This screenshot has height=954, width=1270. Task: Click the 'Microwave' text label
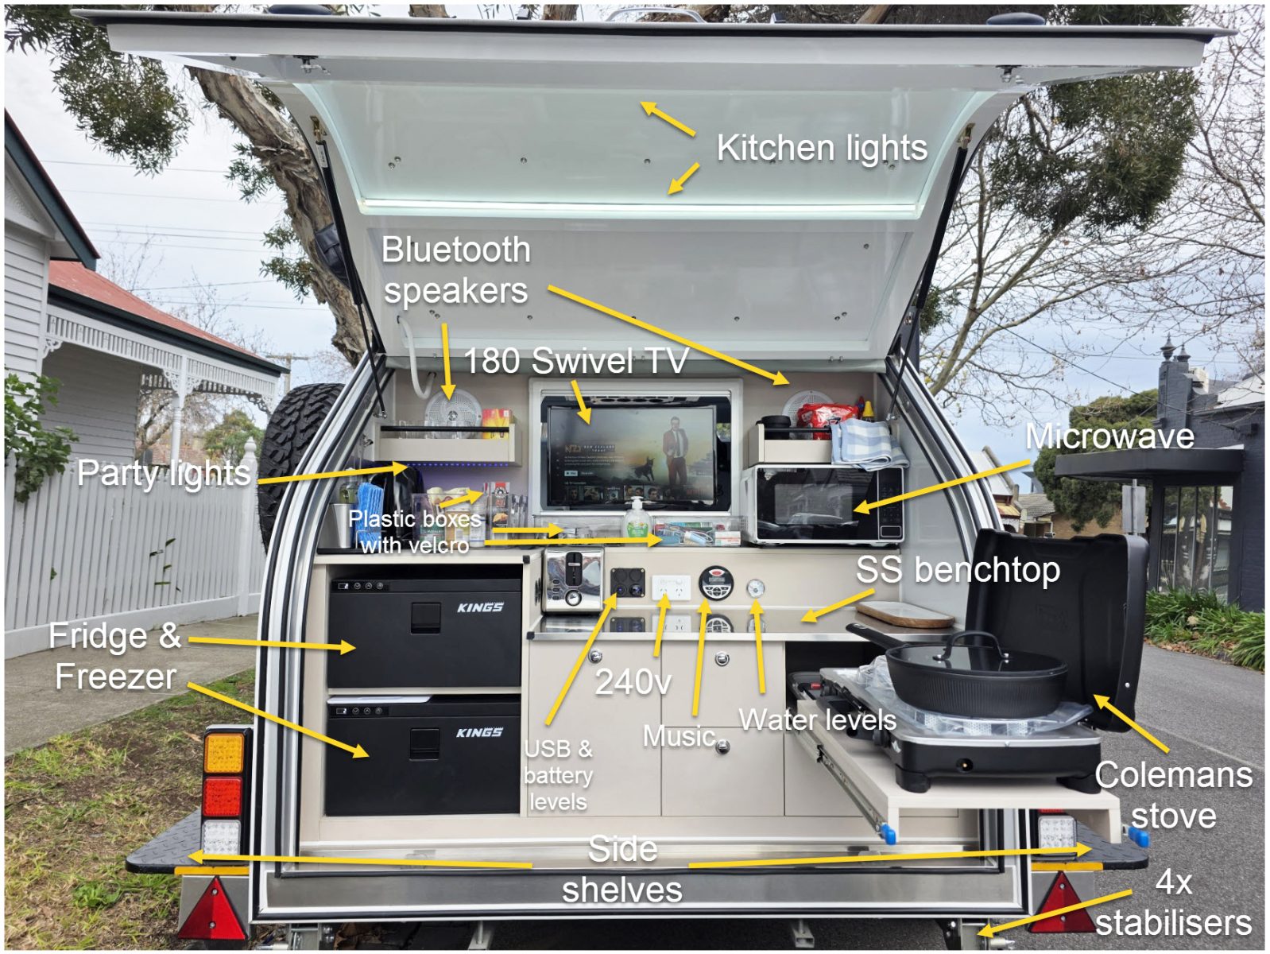coord(1109,436)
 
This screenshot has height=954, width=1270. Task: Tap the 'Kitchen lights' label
coord(822,149)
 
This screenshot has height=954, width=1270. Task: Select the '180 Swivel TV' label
coord(575,362)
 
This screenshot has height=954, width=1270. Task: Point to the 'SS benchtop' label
coord(958,570)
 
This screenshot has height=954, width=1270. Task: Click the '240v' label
coord(633,682)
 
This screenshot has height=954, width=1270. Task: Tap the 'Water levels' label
coord(817,720)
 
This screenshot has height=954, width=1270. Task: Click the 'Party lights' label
coord(164,474)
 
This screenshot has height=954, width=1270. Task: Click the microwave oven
coord(823,504)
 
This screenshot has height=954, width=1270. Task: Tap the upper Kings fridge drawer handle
coord(425,616)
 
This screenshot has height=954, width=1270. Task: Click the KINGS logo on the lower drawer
coord(478,732)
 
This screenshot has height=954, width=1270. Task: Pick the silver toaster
coord(570,581)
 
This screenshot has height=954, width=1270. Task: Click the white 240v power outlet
coord(670,588)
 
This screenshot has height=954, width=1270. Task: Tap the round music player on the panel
coord(715,583)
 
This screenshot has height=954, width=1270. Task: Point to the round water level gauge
coord(756,588)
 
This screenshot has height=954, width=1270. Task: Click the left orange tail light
coord(224,752)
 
